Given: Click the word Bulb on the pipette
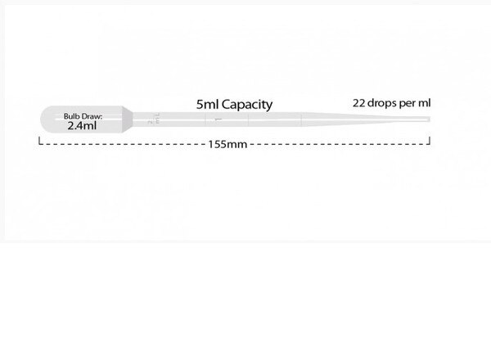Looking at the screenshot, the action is [70, 116].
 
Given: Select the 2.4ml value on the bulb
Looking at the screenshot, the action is [82, 126].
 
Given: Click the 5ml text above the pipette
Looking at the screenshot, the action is [207, 105].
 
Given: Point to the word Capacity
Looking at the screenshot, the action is [247, 106].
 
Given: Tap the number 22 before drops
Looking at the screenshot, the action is [359, 103].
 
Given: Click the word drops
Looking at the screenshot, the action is [382, 103].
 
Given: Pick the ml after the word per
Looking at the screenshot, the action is [424, 102].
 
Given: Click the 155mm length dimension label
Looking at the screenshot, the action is [227, 144].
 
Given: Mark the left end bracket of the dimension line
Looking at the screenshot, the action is [39, 141].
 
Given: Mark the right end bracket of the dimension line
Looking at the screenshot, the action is [430, 141].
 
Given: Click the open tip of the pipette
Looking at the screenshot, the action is [429, 119].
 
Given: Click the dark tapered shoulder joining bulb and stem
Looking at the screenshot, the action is [128, 119].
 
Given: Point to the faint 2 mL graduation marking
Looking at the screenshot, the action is [154, 119].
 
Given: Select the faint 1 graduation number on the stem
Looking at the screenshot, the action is [218, 119].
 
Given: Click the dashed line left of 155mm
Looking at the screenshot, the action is [124, 144].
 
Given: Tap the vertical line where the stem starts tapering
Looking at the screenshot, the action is [301, 119].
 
